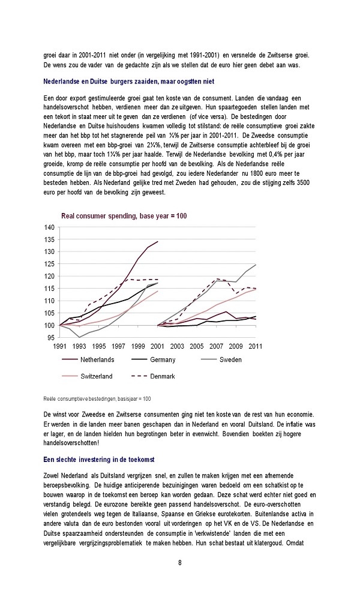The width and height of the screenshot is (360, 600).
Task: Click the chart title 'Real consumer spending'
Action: point(99,216)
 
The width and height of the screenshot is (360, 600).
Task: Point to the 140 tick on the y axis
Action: point(50,227)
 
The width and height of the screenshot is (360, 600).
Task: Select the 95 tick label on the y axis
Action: point(51,337)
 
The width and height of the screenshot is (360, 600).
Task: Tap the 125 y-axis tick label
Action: point(50,264)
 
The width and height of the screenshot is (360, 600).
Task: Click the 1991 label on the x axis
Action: point(59,346)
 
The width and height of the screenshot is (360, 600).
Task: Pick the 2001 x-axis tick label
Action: point(157,346)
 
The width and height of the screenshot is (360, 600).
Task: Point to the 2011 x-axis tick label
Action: point(255,346)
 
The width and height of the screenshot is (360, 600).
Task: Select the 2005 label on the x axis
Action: point(197,346)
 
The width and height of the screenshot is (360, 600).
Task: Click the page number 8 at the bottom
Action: point(180,563)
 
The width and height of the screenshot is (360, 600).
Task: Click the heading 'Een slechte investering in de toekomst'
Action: point(99,460)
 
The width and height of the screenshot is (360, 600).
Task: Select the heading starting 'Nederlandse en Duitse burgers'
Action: point(128,82)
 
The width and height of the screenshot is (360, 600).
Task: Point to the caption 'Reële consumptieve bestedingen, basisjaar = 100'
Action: point(97,399)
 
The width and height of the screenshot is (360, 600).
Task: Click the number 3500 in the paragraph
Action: point(303,183)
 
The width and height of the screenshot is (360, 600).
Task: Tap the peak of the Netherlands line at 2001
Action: point(158,241)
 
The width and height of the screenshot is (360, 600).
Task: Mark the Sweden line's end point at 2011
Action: point(256,265)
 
